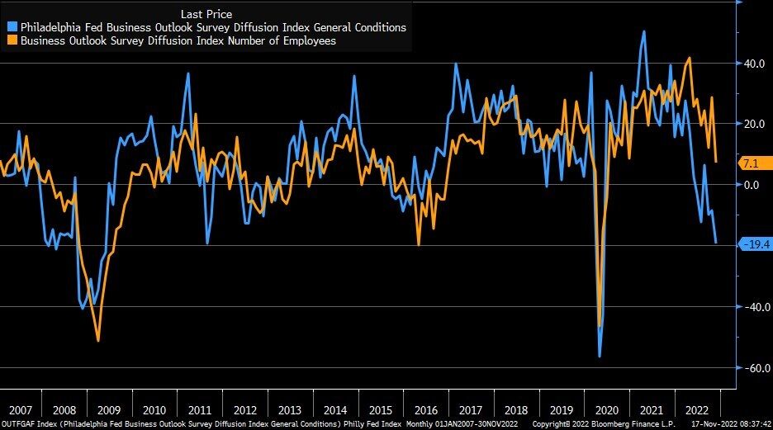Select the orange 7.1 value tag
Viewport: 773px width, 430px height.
point(750,163)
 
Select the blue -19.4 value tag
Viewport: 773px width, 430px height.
point(752,243)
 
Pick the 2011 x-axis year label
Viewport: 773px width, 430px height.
point(199,410)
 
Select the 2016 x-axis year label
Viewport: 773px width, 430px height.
point(425,410)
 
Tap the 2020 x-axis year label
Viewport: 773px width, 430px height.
point(605,410)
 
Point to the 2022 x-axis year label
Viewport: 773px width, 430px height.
point(695,410)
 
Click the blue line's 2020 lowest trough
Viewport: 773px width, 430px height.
point(600,356)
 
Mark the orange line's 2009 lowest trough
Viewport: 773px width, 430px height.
point(98,340)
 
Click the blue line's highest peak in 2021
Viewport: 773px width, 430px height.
point(644,32)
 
